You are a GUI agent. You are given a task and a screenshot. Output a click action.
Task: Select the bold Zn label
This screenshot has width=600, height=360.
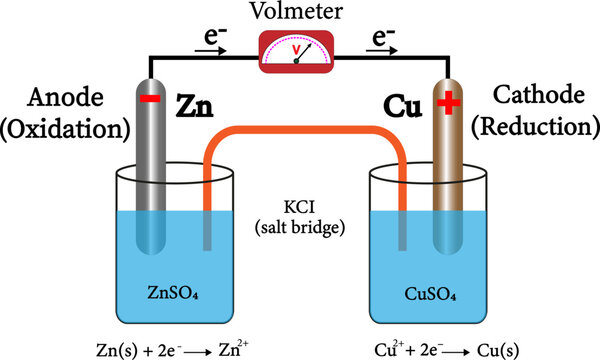197,105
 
